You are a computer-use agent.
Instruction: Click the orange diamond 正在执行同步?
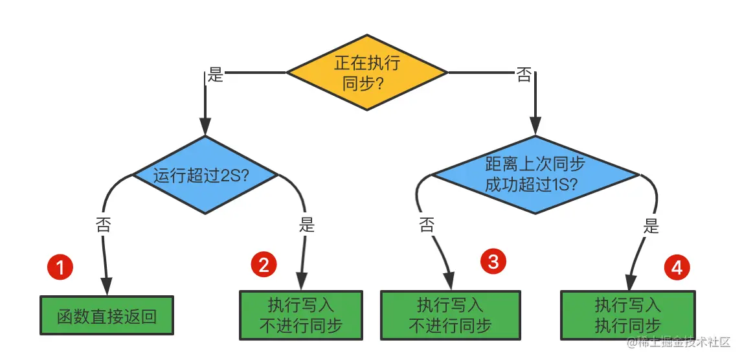[366, 73]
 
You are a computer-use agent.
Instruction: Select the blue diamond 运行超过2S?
[205, 175]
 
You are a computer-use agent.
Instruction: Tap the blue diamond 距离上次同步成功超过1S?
[535, 174]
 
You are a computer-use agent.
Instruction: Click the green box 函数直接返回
[107, 316]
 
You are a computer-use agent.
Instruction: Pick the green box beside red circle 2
[300, 315]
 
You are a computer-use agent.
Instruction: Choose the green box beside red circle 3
[449, 315]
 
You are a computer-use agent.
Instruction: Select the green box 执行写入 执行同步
[627, 315]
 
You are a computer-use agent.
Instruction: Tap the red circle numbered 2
[264, 264]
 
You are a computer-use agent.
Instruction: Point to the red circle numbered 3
[493, 262]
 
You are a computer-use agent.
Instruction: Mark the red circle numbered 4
[677, 267]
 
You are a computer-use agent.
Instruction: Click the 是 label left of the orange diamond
[215, 75]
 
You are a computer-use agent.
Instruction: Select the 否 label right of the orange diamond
[523, 75]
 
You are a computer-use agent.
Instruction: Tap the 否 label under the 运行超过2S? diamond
[103, 225]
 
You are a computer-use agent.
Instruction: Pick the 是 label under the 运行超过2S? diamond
[307, 225]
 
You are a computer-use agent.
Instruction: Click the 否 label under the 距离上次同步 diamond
[427, 225]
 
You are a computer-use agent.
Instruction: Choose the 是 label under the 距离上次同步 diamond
[651, 226]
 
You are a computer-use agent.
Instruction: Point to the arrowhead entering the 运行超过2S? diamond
[205, 127]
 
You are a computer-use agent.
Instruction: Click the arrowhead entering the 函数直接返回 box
[106, 287]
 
